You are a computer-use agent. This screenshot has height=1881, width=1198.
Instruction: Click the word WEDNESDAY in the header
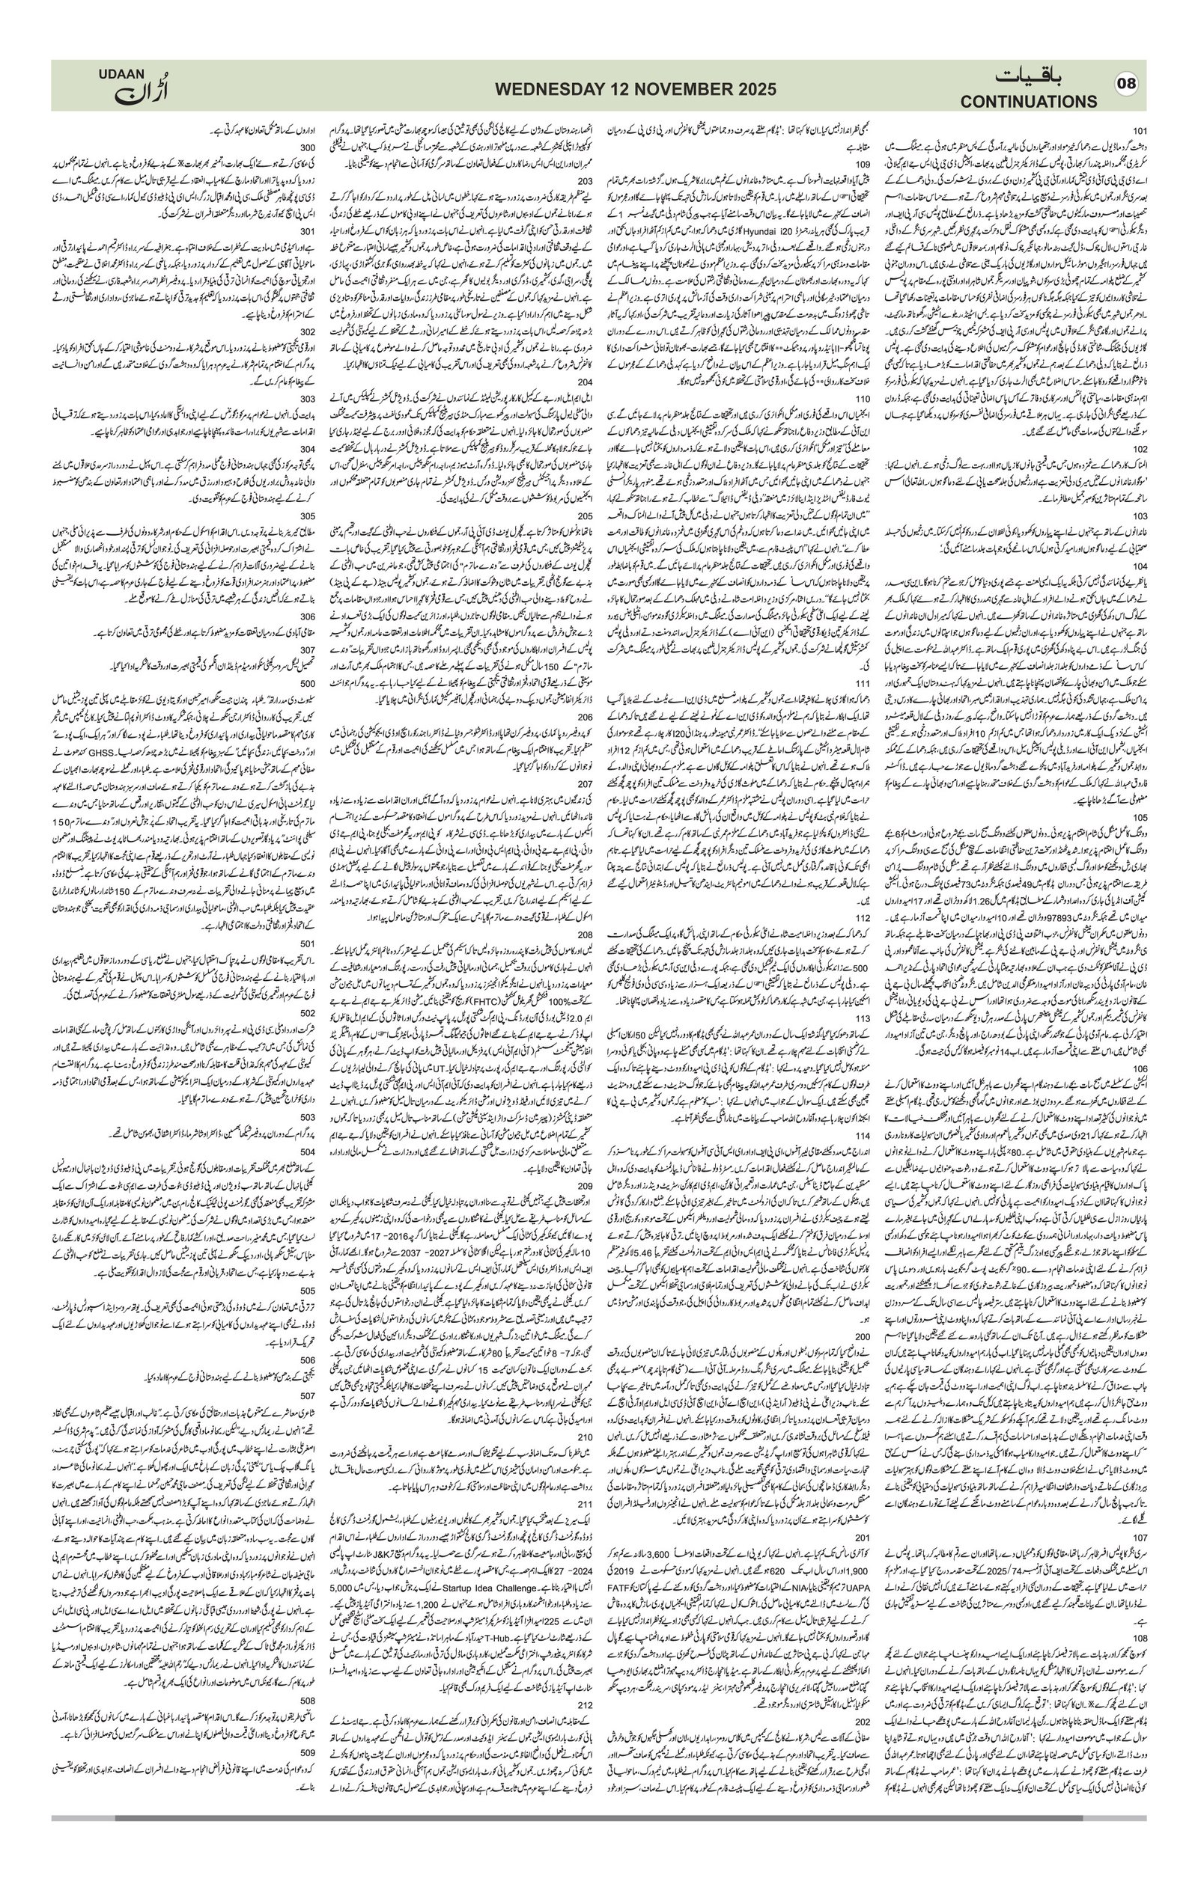(547, 89)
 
